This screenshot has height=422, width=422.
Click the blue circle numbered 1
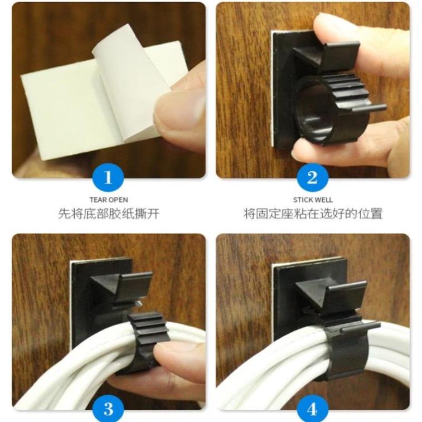click(x=108, y=177)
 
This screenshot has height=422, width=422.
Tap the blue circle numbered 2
click(x=313, y=177)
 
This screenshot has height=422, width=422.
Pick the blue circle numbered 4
click(x=312, y=409)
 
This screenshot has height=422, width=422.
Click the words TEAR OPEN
click(x=109, y=200)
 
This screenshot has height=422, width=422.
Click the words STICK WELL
click(x=313, y=200)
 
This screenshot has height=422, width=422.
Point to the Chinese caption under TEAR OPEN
click(x=109, y=214)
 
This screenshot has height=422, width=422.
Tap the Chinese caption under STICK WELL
click(x=313, y=214)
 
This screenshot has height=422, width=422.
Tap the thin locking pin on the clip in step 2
click(x=369, y=108)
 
